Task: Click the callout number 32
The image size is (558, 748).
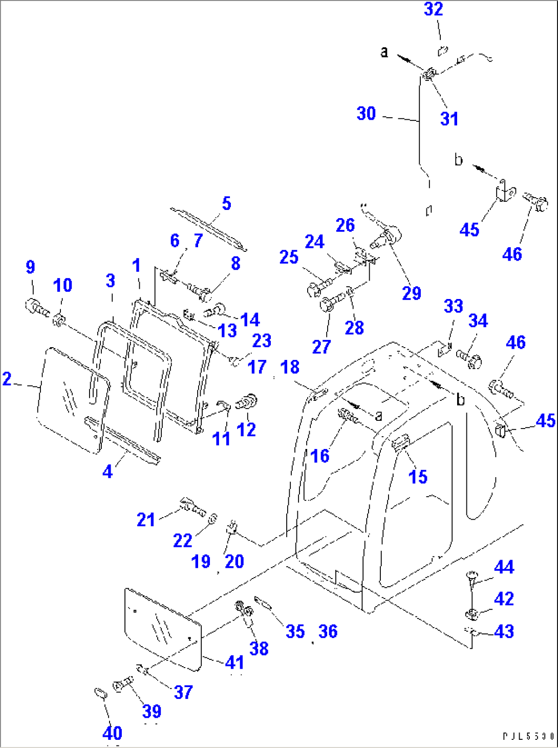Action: [433, 9]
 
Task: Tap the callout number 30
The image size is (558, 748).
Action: [367, 114]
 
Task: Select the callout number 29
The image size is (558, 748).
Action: [412, 293]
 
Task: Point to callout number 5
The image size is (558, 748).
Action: [226, 204]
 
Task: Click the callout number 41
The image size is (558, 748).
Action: [234, 662]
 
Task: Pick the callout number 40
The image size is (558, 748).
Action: [113, 733]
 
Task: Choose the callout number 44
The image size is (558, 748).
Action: [504, 567]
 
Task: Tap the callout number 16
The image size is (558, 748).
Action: [320, 456]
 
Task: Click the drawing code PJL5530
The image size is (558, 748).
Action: [528, 736]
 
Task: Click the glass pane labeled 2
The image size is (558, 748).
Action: [72, 399]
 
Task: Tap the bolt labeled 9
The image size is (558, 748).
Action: [36, 308]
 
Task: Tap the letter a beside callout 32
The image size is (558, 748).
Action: [384, 52]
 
